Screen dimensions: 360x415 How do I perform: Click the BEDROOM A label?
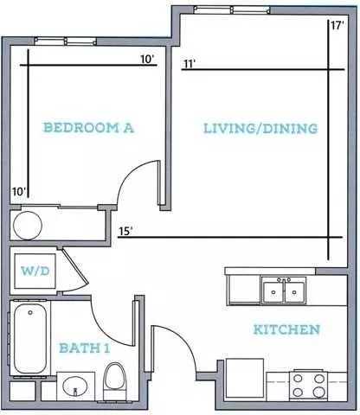coord(88,128)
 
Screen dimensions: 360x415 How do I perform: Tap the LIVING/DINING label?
coord(260,129)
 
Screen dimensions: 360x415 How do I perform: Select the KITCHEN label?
coord(286,329)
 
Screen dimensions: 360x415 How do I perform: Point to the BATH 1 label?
coord(85,348)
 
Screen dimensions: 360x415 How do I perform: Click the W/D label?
coord(35,271)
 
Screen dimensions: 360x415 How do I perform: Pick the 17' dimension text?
coord(337,25)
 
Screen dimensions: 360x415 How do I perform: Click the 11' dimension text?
coord(189,64)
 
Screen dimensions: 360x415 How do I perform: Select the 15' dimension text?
coord(125,231)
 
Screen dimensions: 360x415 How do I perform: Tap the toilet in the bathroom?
coord(115,381)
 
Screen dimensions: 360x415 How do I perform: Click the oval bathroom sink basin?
coord(75,386)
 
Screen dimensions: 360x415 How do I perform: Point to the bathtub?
coord(30,338)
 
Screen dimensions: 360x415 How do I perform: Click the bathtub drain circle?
coord(30,312)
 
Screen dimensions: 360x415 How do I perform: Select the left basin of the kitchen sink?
coord(273,292)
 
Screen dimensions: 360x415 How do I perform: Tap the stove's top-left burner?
coord(298,379)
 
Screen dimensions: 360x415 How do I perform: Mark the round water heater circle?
coord(28,226)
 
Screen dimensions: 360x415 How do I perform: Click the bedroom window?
coord(66,41)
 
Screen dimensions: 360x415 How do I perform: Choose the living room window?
coord(232,10)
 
